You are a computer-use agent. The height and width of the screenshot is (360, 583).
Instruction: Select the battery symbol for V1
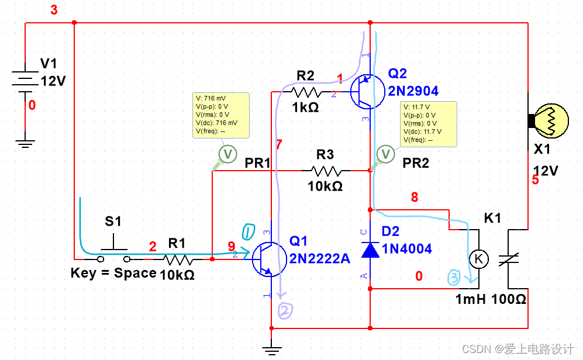pos(25,82)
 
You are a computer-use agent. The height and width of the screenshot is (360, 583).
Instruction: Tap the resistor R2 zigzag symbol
pos(307,92)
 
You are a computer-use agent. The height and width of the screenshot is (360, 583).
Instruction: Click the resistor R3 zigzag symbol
pos(326,171)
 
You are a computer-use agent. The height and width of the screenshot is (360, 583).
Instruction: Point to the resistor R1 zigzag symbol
pos(178,258)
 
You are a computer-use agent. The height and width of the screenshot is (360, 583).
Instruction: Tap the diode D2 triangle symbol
pos(370,250)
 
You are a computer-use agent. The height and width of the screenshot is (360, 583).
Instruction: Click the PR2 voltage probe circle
pos(386,154)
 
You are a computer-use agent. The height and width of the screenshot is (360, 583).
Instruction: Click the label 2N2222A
pos(319,258)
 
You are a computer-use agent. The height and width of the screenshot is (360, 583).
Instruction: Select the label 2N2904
pos(413,91)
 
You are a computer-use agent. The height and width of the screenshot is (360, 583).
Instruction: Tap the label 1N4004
pos(407,249)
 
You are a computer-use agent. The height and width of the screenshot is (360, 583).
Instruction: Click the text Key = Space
pos(113,273)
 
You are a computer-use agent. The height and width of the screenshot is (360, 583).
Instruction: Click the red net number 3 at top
pos(54,11)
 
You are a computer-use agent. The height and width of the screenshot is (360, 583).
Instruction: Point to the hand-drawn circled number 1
pos(247,232)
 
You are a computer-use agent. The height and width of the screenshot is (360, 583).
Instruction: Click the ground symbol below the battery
pos(25,142)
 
